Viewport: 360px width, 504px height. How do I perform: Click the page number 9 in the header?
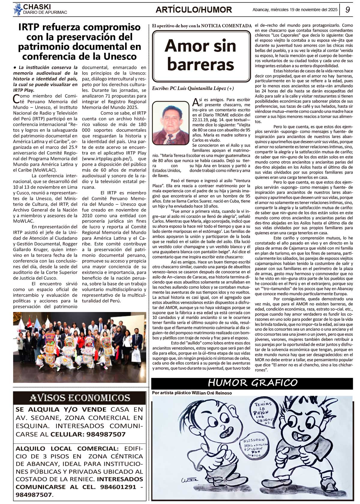(348, 10)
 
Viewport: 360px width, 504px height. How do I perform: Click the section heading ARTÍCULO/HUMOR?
(193, 10)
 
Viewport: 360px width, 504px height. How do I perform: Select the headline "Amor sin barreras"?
(200, 55)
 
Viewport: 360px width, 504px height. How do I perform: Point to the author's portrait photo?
(170, 123)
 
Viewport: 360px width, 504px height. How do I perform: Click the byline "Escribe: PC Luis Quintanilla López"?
(193, 88)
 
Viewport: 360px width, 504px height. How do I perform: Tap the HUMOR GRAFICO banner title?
(252, 383)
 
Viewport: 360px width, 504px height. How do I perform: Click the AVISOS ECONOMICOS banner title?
(80, 398)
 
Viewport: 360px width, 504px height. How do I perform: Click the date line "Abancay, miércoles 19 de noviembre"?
(295, 10)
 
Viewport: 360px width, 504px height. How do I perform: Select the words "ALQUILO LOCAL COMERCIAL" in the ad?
(67, 448)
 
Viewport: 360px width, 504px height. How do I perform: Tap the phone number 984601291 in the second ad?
(118, 487)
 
